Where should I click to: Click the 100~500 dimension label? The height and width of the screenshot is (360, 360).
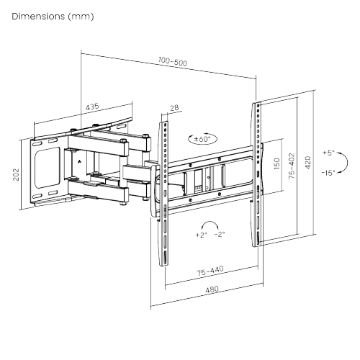[171, 63]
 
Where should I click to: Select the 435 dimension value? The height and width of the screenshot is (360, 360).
[92, 107]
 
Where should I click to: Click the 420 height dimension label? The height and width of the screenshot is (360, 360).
[308, 163]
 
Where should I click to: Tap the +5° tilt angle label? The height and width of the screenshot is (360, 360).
[329, 153]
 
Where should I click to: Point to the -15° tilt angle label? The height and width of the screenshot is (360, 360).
[329, 173]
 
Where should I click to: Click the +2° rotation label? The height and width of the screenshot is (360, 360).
[200, 235]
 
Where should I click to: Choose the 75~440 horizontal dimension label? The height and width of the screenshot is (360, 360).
[210, 272]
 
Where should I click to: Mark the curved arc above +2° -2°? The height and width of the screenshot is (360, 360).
[210, 224]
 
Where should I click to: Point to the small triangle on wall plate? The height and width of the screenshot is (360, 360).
[78, 162]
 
